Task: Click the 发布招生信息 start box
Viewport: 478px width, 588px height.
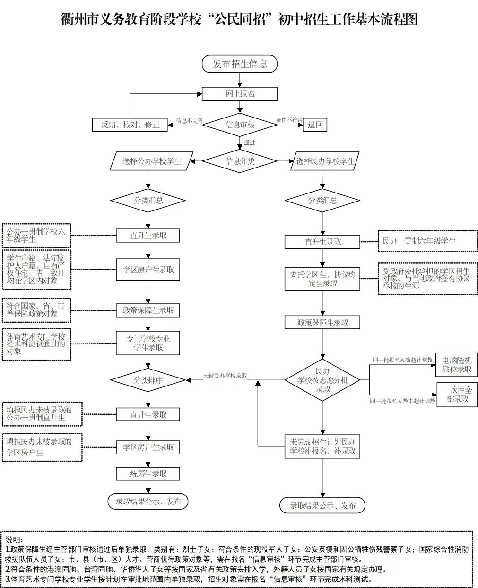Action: (240, 64)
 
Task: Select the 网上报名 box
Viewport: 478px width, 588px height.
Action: (240, 94)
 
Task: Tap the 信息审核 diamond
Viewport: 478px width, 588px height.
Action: (240, 125)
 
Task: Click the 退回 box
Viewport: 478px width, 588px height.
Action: (315, 125)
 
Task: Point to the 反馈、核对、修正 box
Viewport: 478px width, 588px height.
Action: (130, 125)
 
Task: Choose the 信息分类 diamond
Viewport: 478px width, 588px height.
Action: (240, 161)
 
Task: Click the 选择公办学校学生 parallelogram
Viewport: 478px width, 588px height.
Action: (152, 161)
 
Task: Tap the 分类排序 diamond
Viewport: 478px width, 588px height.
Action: (148, 380)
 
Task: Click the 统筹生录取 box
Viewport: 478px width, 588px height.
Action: (148, 474)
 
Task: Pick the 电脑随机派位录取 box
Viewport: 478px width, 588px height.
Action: (456, 365)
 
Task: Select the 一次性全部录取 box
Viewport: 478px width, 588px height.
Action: (457, 395)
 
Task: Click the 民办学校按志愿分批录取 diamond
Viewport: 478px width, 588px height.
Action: (322, 380)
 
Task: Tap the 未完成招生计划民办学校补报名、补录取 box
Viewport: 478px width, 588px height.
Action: (322, 446)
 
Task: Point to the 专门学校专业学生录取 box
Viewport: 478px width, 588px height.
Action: (148, 343)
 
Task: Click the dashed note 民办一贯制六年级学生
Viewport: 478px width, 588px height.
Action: (428, 241)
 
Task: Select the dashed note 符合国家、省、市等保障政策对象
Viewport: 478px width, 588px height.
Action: (36, 311)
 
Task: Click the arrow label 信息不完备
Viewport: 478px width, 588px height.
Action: (190, 121)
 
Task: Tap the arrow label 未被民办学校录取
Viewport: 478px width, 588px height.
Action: (225, 376)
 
